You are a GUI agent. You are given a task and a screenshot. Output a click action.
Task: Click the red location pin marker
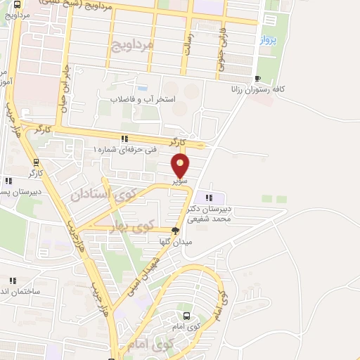pyautogui.click(x=181, y=166)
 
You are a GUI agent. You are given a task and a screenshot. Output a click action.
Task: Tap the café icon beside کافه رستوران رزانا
pyautogui.click(x=258, y=78)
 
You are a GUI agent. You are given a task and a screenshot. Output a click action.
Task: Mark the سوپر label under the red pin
pyautogui.click(x=181, y=181)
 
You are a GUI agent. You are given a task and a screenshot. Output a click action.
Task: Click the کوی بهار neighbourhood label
pyautogui.click(x=132, y=227)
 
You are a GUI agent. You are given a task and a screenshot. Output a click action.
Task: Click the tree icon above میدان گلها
pyautogui.click(x=175, y=230)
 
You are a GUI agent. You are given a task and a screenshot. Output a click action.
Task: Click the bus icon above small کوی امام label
pyautogui.click(x=186, y=316)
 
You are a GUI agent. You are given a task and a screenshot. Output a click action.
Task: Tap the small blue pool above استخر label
pyautogui.click(x=142, y=89)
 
